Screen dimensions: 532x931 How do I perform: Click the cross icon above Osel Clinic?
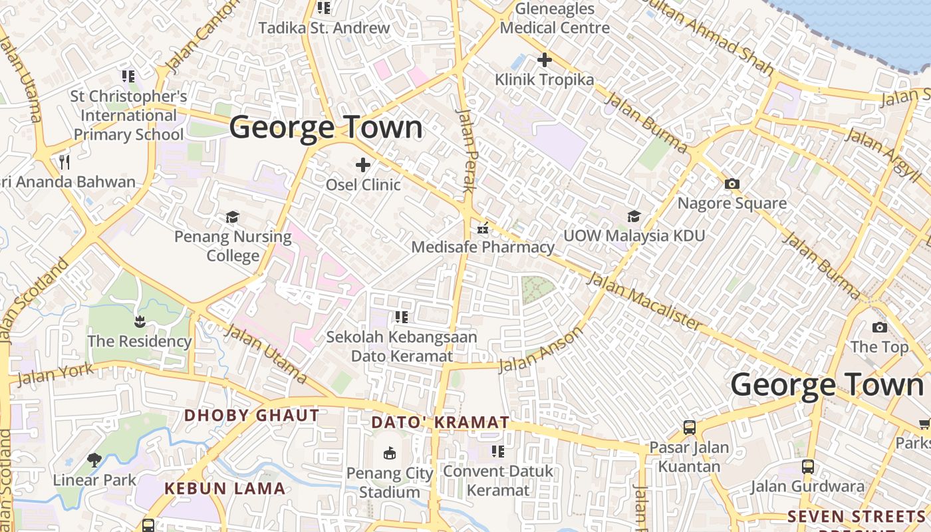coord(363,164)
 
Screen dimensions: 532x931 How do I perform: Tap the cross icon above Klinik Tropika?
coord(545,60)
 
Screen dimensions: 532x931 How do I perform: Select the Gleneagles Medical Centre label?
coord(555,19)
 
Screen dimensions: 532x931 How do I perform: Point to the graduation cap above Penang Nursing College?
coord(232,217)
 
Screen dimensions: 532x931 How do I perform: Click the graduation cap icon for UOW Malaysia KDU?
coord(634,216)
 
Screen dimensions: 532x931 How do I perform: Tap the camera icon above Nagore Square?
coord(732,184)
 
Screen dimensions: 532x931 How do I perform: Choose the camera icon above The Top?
coord(879,327)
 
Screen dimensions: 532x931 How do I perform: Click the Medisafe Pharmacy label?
coord(483,247)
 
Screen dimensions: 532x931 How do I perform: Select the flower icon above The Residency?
coord(140,323)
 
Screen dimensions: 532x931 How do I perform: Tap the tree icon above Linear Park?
coord(94,460)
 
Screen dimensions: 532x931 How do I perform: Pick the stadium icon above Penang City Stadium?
coord(390,454)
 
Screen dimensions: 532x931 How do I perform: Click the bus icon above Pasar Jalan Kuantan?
coord(690,427)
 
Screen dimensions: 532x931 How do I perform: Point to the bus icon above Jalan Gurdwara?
coord(808,467)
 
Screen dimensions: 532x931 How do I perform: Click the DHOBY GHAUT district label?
coord(251,416)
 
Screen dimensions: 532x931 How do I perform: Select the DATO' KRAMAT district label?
coord(440,422)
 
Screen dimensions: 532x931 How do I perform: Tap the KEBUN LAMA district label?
coord(225,489)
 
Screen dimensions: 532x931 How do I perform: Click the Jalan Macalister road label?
coord(644,302)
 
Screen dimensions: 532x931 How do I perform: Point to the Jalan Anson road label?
coord(541,349)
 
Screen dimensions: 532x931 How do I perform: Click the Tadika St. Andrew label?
coord(324,28)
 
